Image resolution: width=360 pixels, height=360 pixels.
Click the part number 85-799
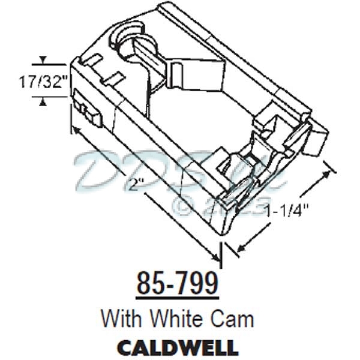(177, 283)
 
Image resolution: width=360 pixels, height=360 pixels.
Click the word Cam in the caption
(235, 317)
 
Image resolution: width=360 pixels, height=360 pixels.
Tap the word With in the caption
(123, 317)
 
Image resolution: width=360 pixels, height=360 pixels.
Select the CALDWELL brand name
(177, 347)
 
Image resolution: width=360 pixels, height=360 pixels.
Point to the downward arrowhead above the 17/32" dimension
(42, 61)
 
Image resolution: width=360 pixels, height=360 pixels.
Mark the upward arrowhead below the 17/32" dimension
(42, 103)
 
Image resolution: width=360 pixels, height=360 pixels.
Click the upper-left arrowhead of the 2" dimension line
(74, 130)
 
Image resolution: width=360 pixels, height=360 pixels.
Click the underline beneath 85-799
(177, 297)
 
